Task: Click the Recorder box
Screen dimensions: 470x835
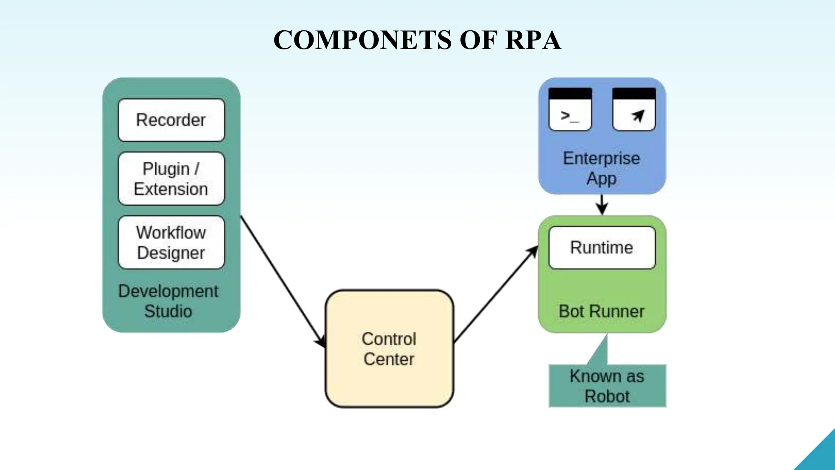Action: click(171, 120)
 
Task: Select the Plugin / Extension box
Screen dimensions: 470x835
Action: click(171, 179)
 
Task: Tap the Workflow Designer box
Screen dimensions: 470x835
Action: click(171, 242)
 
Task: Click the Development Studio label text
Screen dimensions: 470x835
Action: click(168, 301)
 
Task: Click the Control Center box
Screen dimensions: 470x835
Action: click(389, 349)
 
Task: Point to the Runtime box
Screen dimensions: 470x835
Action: click(602, 248)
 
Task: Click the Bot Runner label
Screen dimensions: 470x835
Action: click(601, 311)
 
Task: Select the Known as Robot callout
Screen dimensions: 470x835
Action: click(607, 386)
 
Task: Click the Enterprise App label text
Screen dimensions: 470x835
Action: click(601, 168)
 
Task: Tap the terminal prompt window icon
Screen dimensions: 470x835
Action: click(570, 109)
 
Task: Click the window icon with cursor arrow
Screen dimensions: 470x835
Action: click(634, 109)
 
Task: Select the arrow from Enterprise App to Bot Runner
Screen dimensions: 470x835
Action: click(602, 205)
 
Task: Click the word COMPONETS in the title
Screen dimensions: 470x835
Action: click(362, 40)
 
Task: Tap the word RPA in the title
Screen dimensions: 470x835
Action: click(533, 40)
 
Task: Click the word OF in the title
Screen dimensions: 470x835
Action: click(478, 40)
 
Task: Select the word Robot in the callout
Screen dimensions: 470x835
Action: click(607, 396)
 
